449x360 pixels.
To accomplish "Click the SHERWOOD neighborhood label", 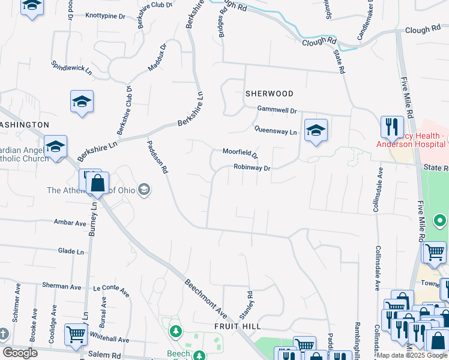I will point(269,94).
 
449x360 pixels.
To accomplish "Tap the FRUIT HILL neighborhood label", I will point(238,326).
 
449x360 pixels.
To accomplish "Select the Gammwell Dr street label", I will point(277,110).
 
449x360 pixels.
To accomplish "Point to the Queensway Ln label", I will point(276,131).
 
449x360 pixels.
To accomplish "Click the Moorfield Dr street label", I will point(240,153).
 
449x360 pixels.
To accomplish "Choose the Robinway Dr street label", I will point(252,168).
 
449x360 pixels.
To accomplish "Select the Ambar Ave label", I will point(70,223).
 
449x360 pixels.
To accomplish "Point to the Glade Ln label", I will point(71,252).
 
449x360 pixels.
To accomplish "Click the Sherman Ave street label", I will point(61,286).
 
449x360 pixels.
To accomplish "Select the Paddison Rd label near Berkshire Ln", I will point(157,157).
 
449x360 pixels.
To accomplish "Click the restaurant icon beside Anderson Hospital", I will point(391,127).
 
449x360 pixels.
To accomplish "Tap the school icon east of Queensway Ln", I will point(315,130).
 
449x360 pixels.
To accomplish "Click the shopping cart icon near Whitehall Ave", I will point(76,334).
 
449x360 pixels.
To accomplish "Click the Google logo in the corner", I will point(20,353).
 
